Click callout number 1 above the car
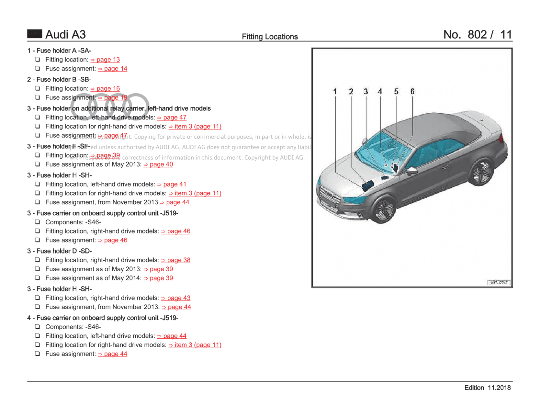(335, 92)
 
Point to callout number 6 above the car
(412, 92)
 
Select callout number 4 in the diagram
(380, 92)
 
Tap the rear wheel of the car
(481, 172)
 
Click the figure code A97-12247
(499, 283)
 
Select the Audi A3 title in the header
(65, 35)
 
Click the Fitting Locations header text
(270, 37)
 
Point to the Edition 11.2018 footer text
(487, 388)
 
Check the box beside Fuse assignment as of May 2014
(37, 278)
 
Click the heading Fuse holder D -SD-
(59, 251)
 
